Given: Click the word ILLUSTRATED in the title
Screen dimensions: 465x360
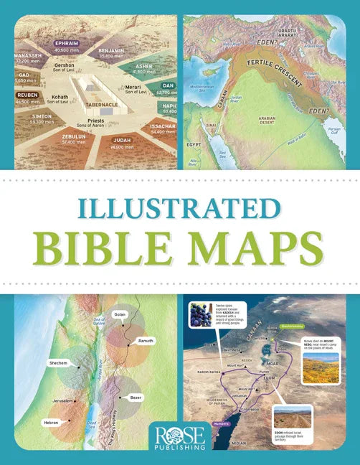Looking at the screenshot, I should point(179,205).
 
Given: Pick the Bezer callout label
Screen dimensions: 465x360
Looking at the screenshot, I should point(134,397).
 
